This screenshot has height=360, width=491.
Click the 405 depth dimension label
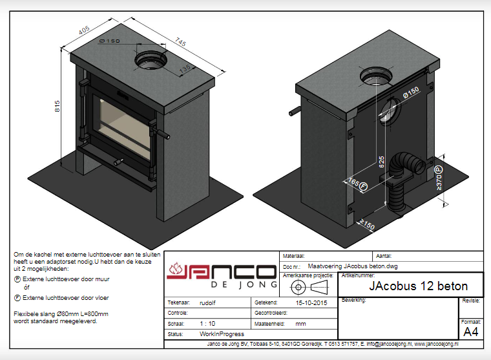click(85, 30)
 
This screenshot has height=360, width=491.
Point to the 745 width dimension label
click(180, 43)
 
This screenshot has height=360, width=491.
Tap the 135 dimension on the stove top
click(185, 70)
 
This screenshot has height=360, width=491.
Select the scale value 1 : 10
click(208, 323)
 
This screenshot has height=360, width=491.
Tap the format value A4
click(471, 332)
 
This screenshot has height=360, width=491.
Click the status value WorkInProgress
click(222, 334)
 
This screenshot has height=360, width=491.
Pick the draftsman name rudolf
click(208, 302)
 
